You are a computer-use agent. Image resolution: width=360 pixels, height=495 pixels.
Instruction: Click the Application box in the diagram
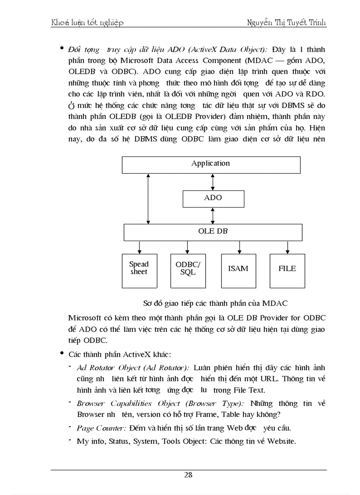210,164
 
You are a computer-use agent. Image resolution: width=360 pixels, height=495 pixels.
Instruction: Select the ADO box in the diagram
213,198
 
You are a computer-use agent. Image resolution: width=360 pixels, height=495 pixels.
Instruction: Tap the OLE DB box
213,232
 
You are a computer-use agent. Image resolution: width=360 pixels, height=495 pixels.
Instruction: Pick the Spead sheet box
139,271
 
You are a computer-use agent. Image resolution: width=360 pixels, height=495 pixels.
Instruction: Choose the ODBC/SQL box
188,271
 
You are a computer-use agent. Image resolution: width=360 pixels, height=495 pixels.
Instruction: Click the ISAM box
238,271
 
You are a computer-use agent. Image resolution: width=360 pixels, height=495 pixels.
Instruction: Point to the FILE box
287,271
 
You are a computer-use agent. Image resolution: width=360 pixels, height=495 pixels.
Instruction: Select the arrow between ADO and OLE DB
213,216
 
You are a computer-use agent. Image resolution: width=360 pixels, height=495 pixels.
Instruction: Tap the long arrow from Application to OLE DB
148,198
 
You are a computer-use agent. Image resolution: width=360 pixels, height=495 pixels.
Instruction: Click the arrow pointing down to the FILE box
287,247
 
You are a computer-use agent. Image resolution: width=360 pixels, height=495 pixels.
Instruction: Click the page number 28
188,475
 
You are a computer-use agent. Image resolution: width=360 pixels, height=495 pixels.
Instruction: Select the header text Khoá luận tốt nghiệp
87,22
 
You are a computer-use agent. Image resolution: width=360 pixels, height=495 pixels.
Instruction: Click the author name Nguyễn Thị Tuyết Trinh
287,22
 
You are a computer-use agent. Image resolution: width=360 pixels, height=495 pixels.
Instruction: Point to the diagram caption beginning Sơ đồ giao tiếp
215,303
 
